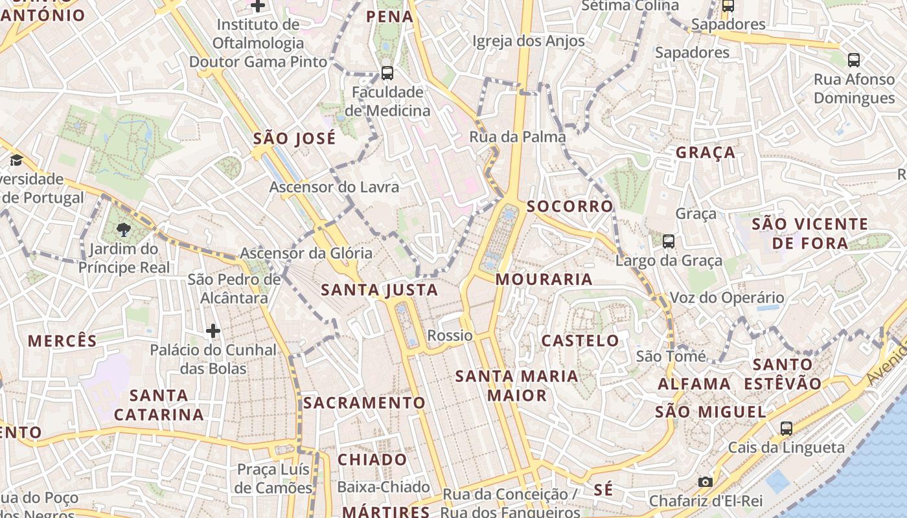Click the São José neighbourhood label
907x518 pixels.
pyautogui.click(x=295, y=139)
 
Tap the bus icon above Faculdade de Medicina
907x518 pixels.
pyautogui.click(x=387, y=73)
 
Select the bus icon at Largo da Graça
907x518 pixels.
pyautogui.click(x=669, y=242)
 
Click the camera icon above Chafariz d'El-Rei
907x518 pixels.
pyautogui.click(x=706, y=482)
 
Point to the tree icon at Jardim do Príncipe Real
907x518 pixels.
pyautogui.click(x=123, y=229)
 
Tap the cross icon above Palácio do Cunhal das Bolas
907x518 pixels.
pyautogui.click(x=213, y=332)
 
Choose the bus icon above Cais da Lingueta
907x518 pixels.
pyautogui.click(x=786, y=429)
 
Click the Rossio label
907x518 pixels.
pyautogui.click(x=450, y=335)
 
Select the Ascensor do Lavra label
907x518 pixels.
pyautogui.click(x=334, y=187)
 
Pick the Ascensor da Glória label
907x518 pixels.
pyautogui.click(x=306, y=253)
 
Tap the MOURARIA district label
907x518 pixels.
pyautogui.click(x=544, y=280)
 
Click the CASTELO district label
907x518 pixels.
pyautogui.click(x=580, y=341)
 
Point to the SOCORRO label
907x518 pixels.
pyautogui.click(x=570, y=207)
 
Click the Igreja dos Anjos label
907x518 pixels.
pyautogui.click(x=529, y=41)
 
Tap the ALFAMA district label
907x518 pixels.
pyautogui.click(x=695, y=384)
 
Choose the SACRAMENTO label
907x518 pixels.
pyautogui.click(x=365, y=403)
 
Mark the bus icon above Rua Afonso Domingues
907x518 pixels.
pyautogui.click(x=854, y=60)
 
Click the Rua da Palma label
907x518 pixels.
pyautogui.click(x=518, y=137)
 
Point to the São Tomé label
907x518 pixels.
pyautogui.click(x=671, y=356)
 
